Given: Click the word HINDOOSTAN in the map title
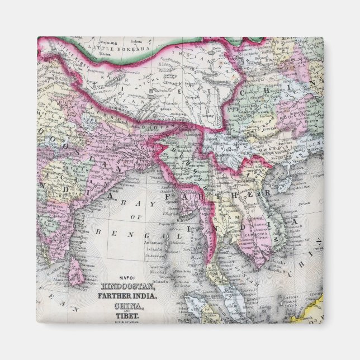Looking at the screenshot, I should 126,287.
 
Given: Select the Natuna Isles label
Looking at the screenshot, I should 291,304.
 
